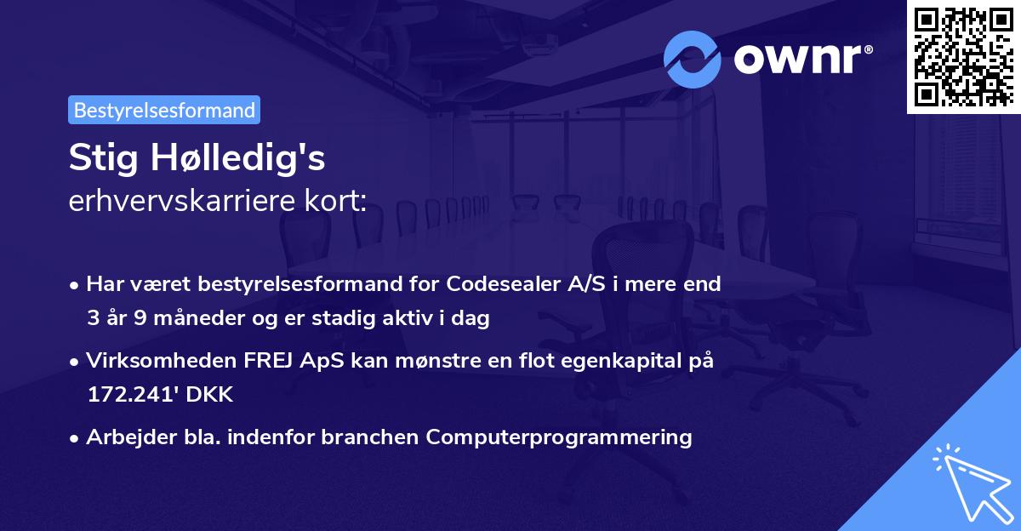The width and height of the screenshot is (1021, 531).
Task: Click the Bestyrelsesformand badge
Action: point(163,110)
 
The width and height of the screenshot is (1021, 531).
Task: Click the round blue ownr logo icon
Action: point(693,58)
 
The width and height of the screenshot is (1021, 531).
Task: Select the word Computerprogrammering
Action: point(559,437)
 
